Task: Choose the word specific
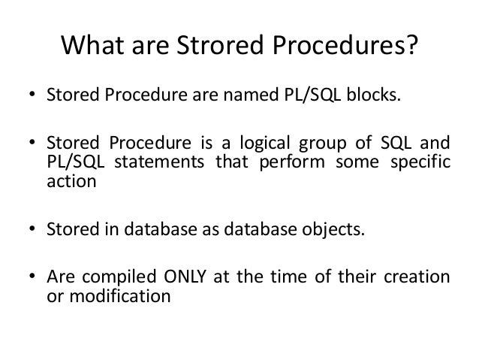[420, 163]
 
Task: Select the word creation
[422, 277]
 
